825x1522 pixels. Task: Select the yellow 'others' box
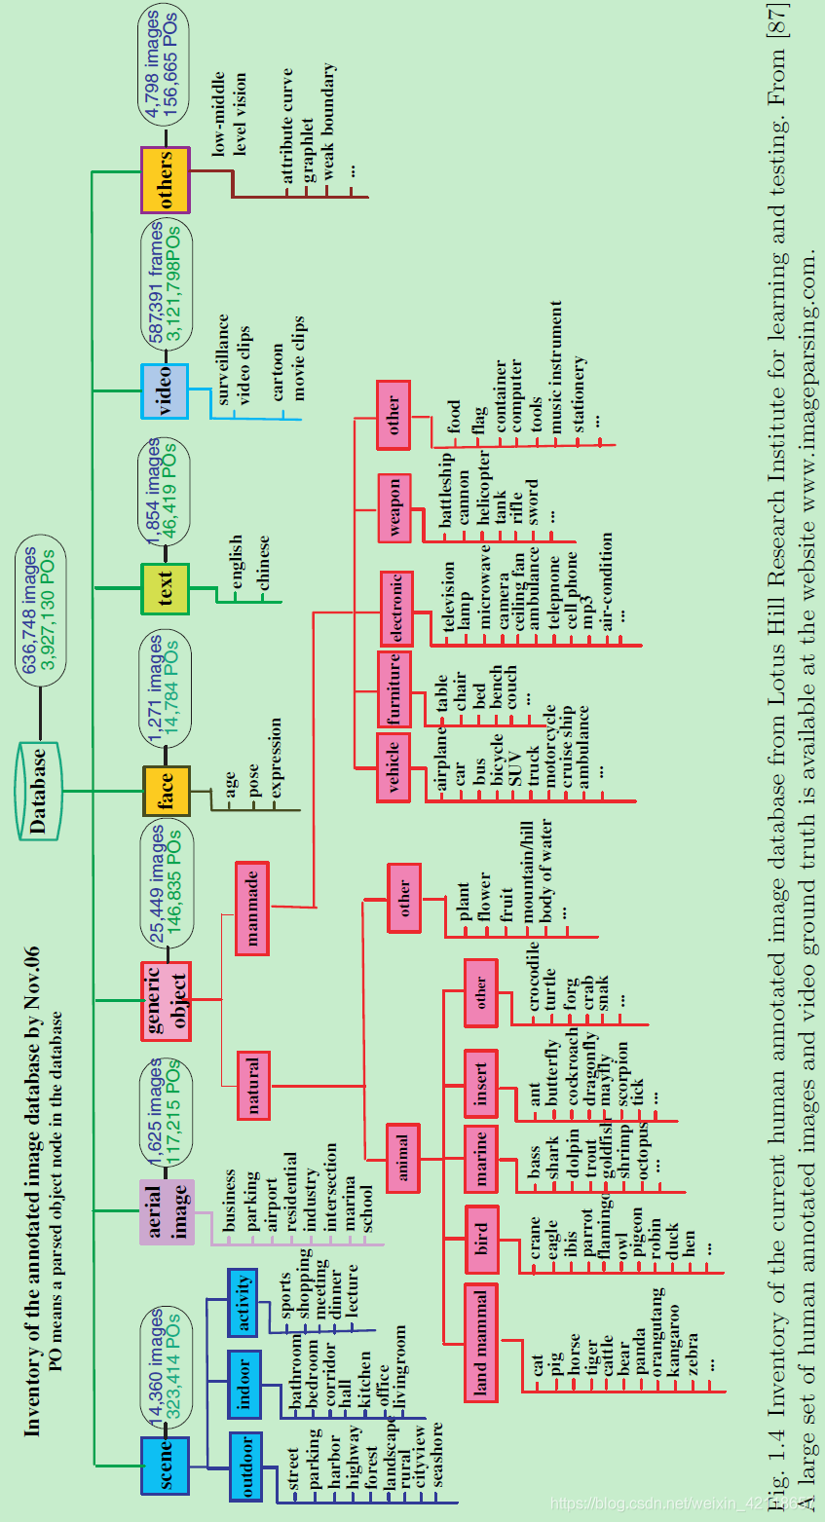[165, 180]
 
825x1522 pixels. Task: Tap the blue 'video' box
[165, 390]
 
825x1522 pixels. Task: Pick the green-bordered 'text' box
[165, 588]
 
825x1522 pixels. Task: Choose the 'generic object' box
[166, 1000]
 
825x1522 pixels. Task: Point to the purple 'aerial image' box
[167, 1211]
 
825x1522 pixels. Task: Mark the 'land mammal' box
[481, 1343]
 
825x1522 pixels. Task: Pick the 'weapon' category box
[394, 507]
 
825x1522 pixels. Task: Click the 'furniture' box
[394, 689]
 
